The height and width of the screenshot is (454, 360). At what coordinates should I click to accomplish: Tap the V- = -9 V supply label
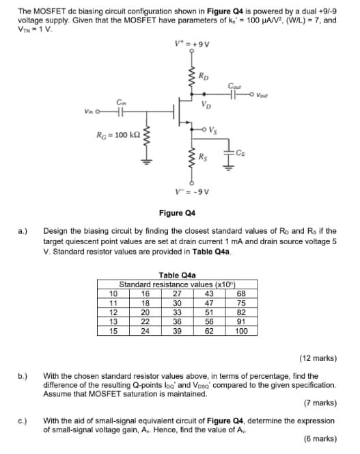click(x=192, y=191)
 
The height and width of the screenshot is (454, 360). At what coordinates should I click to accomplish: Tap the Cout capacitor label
click(x=234, y=85)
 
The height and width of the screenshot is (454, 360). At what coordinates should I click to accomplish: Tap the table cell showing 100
click(x=241, y=331)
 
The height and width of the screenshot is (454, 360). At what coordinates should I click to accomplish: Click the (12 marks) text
click(x=318, y=358)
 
